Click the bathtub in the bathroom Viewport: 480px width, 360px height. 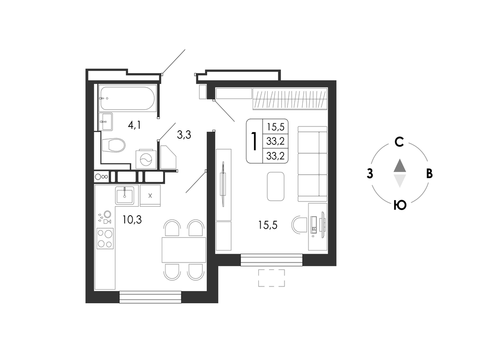pos(127,98)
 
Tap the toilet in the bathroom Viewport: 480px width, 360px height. pos(113,145)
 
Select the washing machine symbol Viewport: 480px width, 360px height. pos(146,159)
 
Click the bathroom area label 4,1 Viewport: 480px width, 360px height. pos(134,125)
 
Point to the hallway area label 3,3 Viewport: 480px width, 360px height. pos(184,135)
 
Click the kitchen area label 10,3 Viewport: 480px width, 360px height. pos(132,219)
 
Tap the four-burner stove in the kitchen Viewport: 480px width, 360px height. pos(105,239)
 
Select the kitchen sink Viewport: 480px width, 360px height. pos(125,195)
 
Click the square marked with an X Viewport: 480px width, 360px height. pos(150,195)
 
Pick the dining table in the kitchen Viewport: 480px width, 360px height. pos(184,250)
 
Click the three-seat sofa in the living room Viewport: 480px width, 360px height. pos(312,164)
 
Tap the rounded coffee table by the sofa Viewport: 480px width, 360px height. pos(276,187)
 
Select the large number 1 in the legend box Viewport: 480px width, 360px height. pos(254,141)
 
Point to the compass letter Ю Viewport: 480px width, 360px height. pos(400,205)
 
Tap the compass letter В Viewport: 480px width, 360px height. pos(429,173)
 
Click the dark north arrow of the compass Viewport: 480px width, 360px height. pos(400,165)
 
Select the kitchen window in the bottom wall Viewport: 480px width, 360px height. pos(150,297)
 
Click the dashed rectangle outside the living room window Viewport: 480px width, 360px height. pos(271,278)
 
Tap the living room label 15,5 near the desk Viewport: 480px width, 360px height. pos(268,225)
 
